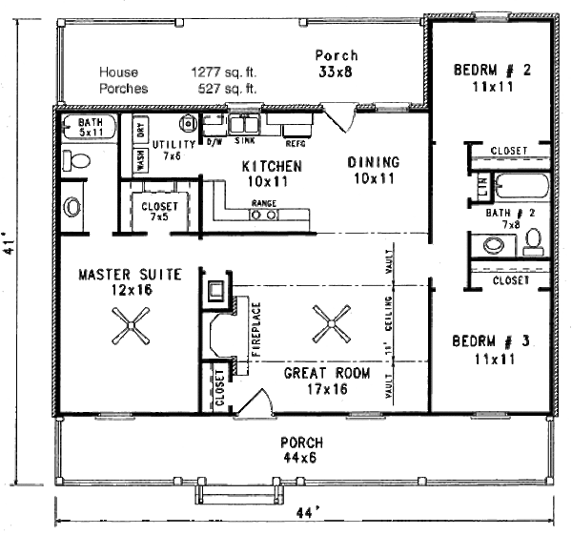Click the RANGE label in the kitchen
[263, 203]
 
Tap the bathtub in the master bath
[88, 125]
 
